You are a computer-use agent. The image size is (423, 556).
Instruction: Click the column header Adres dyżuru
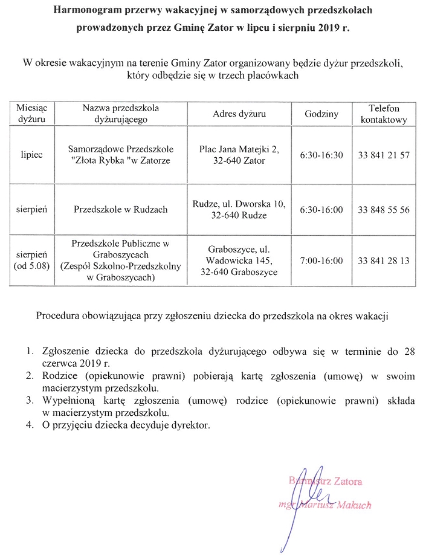239,114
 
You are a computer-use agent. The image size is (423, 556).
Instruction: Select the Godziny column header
321,114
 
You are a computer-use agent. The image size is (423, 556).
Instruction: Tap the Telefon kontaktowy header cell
384,114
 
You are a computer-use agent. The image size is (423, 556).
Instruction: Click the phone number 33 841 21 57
384,155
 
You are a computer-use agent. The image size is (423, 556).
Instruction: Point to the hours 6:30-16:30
321,155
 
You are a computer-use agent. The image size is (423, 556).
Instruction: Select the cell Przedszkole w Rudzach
121,210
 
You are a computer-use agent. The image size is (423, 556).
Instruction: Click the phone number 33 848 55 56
384,210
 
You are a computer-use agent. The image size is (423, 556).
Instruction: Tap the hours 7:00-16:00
321,260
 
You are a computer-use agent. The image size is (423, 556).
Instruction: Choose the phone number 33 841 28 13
384,260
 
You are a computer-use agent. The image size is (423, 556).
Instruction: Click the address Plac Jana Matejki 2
239,149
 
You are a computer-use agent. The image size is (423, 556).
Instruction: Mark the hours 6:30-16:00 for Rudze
321,210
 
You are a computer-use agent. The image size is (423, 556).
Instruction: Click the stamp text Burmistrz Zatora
326,482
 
